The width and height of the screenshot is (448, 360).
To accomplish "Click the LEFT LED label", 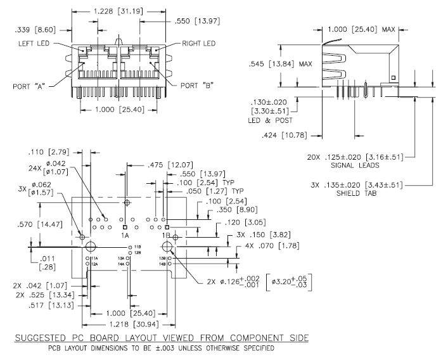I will (34, 44).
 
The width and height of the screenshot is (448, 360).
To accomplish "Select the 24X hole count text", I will (34, 170).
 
